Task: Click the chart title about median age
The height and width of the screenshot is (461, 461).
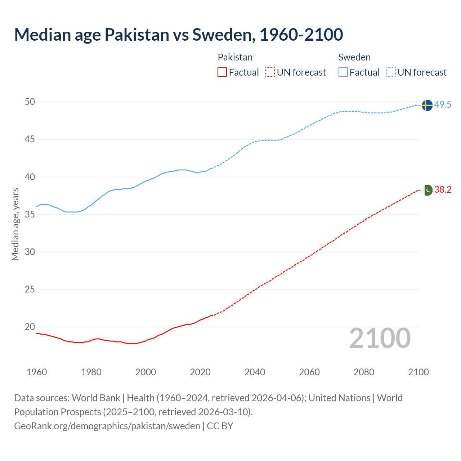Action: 178,35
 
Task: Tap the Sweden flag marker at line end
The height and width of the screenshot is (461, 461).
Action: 427,105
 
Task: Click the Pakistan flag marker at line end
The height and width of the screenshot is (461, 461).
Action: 428,190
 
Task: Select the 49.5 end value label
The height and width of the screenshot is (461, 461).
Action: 443,105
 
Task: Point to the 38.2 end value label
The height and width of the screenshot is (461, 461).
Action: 443,190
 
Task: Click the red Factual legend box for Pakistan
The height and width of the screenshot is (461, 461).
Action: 222,72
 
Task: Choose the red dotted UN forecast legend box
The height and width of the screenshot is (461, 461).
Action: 270,72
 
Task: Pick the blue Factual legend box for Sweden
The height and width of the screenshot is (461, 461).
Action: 343,72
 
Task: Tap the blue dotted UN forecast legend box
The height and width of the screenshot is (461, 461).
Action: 391,72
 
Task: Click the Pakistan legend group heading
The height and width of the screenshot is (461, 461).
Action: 235,57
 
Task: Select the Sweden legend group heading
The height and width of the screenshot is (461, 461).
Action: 354,57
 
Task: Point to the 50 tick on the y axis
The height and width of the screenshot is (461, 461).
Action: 30,102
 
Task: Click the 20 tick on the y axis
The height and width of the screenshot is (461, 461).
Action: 30,327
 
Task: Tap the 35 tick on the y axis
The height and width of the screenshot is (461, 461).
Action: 30,214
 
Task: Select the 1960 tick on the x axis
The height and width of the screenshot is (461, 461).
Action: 37,372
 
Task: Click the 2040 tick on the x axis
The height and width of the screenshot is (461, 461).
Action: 255,372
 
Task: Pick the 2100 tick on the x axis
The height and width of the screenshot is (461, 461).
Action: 419,372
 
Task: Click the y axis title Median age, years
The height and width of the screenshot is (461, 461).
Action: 15,224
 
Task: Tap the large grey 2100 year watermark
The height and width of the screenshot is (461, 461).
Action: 380,338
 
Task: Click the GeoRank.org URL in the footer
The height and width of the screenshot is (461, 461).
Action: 107,426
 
